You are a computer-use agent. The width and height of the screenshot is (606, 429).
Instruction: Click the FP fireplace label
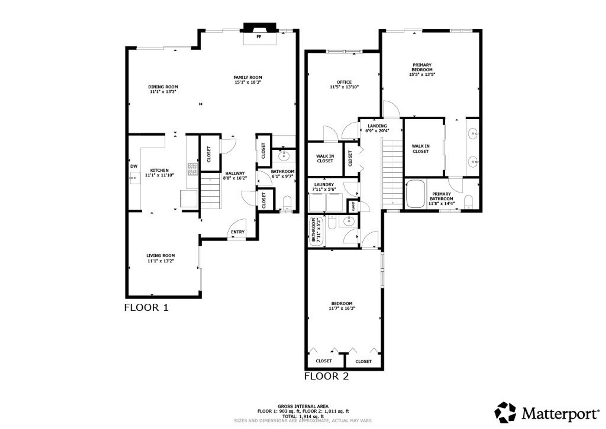pyautogui.click(x=259, y=37)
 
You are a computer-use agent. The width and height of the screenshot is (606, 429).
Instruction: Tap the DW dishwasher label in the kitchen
pyautogui.click(x=134, y=166)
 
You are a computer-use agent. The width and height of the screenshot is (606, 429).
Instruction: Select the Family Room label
pyautogui.click(x=248, y=77)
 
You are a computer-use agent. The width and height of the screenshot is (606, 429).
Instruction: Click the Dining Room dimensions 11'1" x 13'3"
pyautogui.click(x=163, y=92)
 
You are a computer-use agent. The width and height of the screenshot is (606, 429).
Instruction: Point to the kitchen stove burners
pyautogui.click(x=193, y=169)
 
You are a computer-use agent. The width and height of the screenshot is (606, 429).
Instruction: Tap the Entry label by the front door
pyautogui.click(x=238, y=232)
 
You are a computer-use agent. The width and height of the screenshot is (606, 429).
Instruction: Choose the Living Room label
pyautogui.click(x=161, y=256)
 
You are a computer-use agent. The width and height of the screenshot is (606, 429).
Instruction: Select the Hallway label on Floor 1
pyautogui.click(x=235, y=173)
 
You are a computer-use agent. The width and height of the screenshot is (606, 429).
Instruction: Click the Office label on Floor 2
pyautogui.click(x=344, y=82)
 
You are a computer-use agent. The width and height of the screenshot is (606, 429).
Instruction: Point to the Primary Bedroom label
pyautogui.click(x=422, y=67)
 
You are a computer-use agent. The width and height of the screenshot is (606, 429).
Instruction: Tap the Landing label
pyautogui.click(x=377, y=126)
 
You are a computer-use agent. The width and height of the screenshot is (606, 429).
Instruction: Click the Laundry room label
pyautogui.click(x=324, y=185)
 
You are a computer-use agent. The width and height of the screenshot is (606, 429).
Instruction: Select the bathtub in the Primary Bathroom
pyautogui.click(x=415, y=194)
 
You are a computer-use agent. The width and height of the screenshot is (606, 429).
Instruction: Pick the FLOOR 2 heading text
pyautogui.click(x=326, y=376)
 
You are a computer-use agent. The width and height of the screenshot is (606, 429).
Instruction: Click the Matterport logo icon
pyautogui.click(x=505, y=412)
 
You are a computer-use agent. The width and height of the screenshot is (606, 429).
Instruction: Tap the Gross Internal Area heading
pyautogui.click(x=303, y=406)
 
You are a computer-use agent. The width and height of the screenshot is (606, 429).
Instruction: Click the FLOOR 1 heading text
pyautogui.click(x=146, y=307)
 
